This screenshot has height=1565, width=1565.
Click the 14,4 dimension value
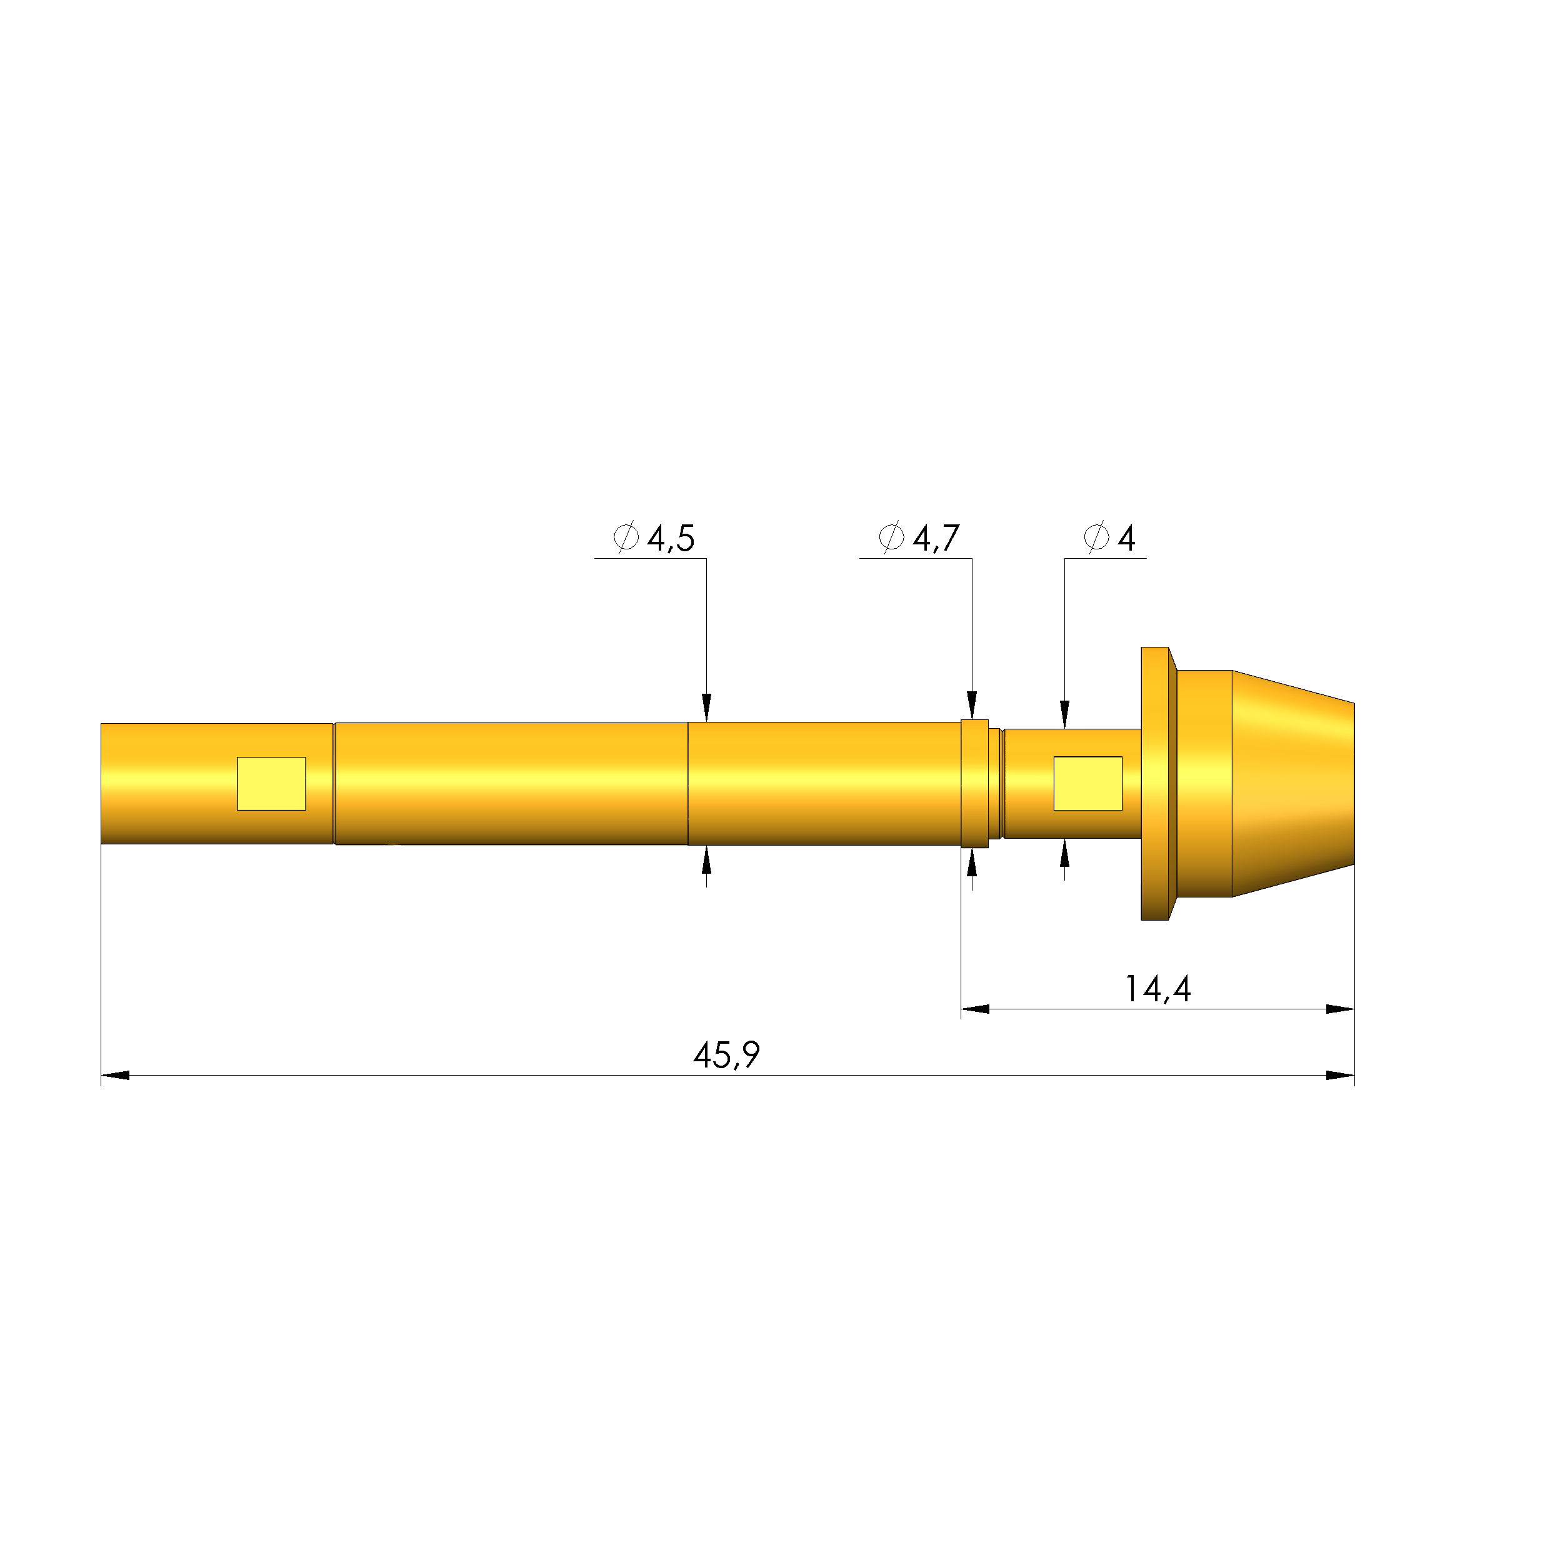point(1158,989)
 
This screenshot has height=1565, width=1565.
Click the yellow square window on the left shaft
point(271,783)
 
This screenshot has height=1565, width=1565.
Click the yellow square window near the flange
point(1088,783)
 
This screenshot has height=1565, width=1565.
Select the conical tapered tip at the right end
point(1292,783)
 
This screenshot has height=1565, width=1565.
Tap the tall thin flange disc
point(1155,783)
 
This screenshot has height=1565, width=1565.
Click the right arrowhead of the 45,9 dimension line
point(1340,1076)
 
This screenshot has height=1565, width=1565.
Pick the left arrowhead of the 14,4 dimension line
point(975,1009)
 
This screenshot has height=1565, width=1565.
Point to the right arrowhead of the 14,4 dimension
point(1340,1009)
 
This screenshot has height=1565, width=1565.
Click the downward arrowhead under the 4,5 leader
point(706,707)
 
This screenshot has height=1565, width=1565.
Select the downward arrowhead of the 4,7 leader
point(972,705)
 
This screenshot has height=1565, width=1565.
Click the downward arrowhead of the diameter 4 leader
point(1064,714)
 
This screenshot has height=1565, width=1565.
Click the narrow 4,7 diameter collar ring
point(974,783)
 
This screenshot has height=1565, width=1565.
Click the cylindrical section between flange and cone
point(1204,783)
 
